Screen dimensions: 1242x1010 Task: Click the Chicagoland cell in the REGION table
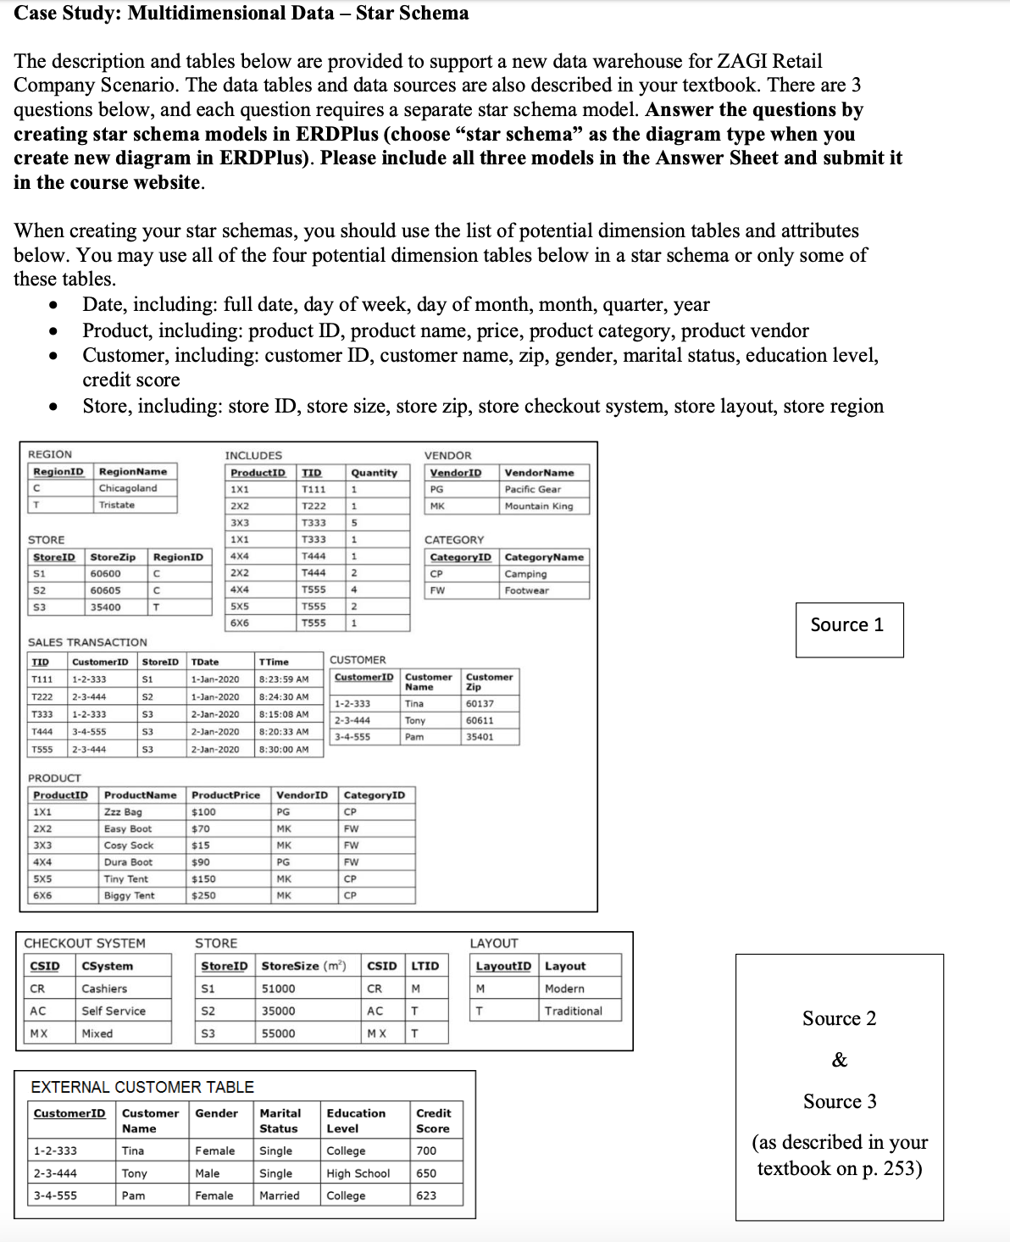coord(128,489)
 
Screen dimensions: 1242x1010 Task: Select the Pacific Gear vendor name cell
coord(532,490)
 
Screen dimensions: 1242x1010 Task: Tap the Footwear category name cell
coord(526,591)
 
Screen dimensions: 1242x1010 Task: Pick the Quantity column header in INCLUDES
coord(374,473)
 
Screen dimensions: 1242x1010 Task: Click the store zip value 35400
coord(105,607)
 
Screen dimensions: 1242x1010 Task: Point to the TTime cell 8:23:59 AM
coord(283,679)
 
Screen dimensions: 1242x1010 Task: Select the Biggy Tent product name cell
coord(129,895)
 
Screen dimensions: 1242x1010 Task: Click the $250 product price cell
coord(203,895)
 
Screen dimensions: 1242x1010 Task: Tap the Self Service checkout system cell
coord(114,1011)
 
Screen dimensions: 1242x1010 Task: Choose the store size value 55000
coord(279,1034)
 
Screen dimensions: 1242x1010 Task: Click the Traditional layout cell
coord(573,1011)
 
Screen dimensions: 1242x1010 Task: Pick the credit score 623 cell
coord(426,1195)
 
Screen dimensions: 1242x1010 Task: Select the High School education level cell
coord(358,1173)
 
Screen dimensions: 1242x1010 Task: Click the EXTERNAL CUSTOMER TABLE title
coord(142,1087)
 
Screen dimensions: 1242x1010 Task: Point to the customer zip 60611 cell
coord(480,720)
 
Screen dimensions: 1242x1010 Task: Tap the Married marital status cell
coord(280,1195)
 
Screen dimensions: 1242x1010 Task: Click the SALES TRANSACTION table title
coord(87,642)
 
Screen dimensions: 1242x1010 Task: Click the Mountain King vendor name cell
coord(538,506)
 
